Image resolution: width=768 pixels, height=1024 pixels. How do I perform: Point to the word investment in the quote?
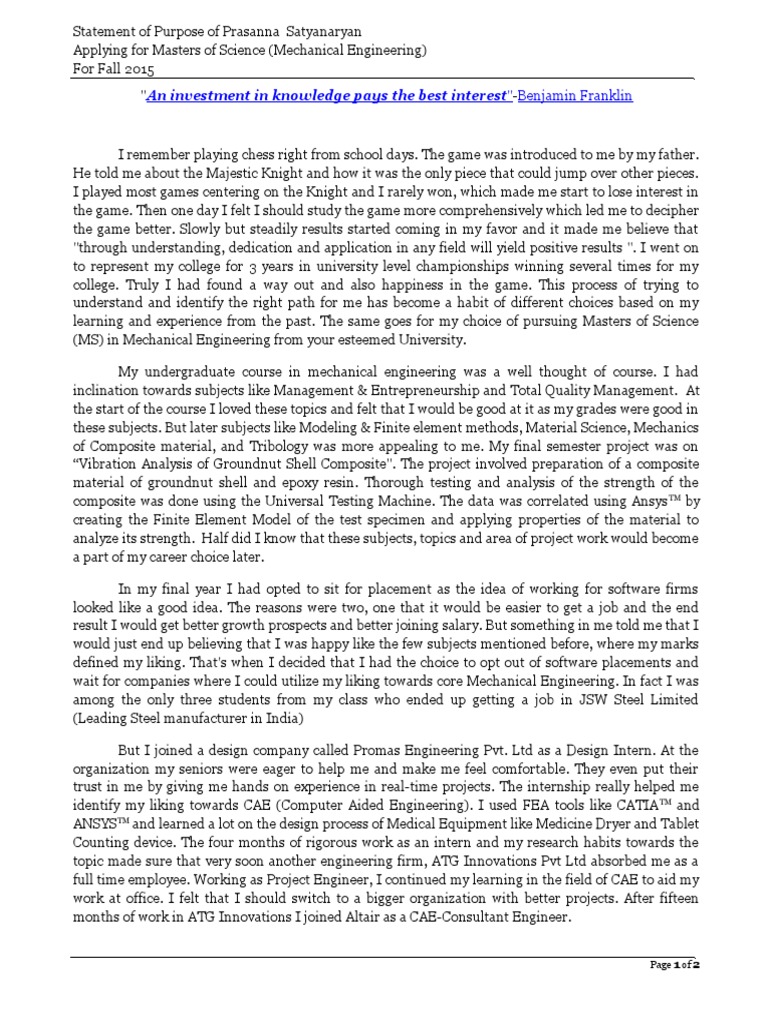pos(212,96)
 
